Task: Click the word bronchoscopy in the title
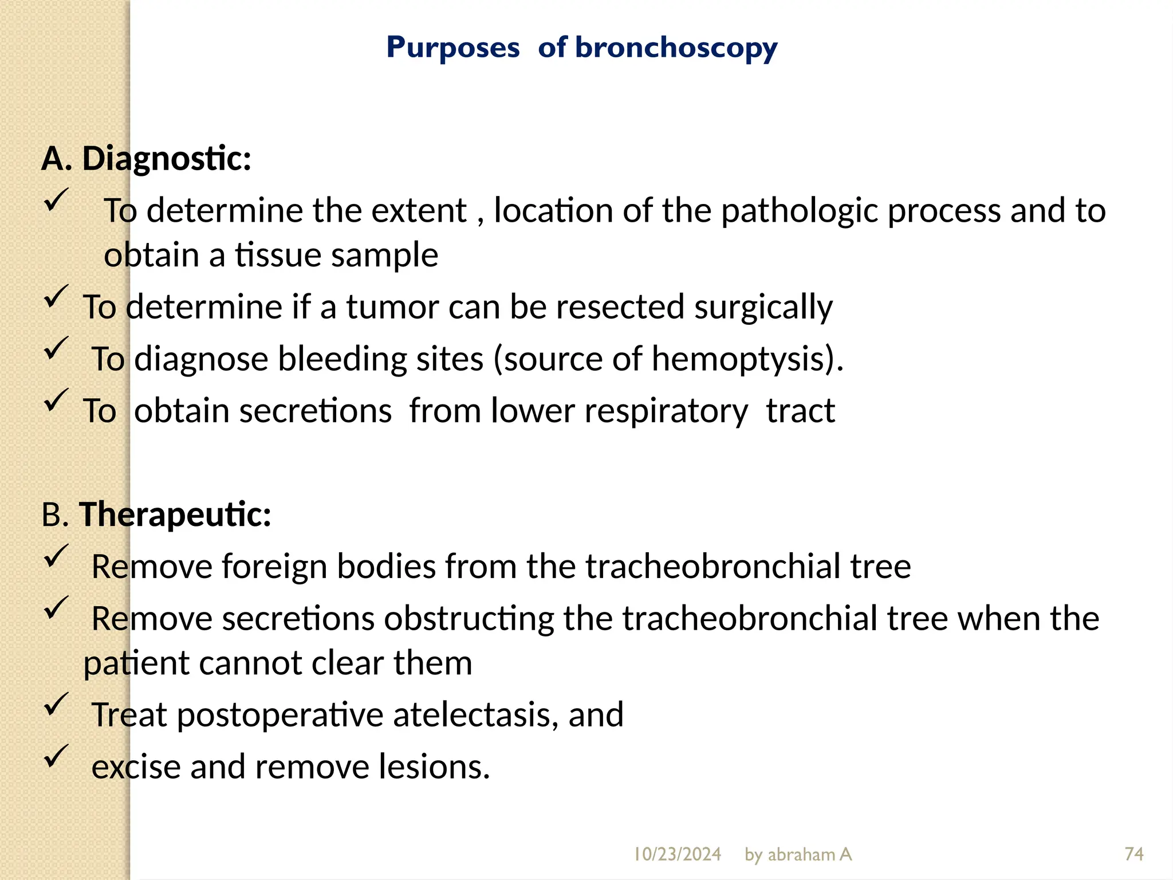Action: (676, 48)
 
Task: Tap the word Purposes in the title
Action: (453, 48)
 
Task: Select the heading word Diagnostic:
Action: (167, 159)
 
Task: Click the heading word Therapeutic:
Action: (175, 514)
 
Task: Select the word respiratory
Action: (619, 411)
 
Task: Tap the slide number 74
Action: (1134, 854)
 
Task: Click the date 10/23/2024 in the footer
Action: (677, 854)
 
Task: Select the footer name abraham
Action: (802, 854)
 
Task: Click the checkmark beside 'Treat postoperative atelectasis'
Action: (56, 704)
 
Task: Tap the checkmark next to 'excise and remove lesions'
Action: (56, 756)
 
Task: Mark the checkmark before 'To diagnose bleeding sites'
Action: (56, 348)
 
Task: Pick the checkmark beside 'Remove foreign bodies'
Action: (56, 556)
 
